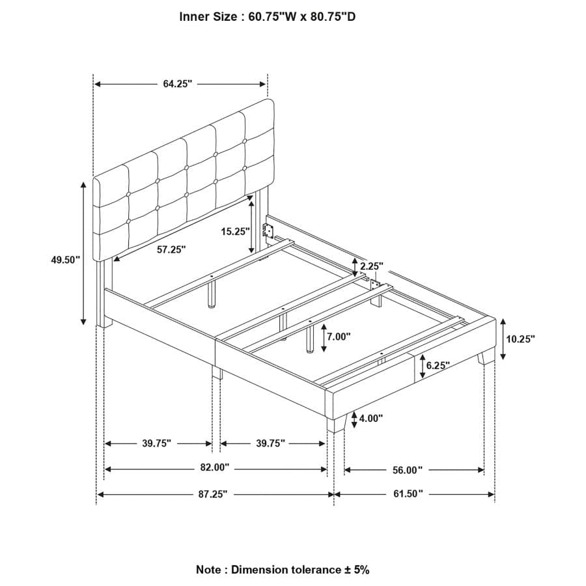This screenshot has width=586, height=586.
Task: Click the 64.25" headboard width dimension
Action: [178, 84]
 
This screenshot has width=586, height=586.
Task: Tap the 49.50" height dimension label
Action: [65, 260]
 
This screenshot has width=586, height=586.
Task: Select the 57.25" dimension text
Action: [171, 249]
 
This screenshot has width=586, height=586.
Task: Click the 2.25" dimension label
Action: [371, 266]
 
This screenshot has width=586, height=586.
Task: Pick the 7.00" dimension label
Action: [339, 337]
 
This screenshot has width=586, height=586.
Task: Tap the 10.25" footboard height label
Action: [520, 339]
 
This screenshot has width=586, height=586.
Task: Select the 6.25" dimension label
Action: [438, 366]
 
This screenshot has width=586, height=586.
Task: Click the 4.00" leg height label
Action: [371, 418]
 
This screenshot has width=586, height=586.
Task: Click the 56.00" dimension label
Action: [408, 469]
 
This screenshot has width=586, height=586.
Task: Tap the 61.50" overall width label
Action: [408, 495]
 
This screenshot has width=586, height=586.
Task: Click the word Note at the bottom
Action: [208, 570]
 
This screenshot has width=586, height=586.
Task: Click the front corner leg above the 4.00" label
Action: [336, 423]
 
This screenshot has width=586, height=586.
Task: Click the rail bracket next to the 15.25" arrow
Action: [266, 230]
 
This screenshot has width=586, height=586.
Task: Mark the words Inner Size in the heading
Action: [207, 17]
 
